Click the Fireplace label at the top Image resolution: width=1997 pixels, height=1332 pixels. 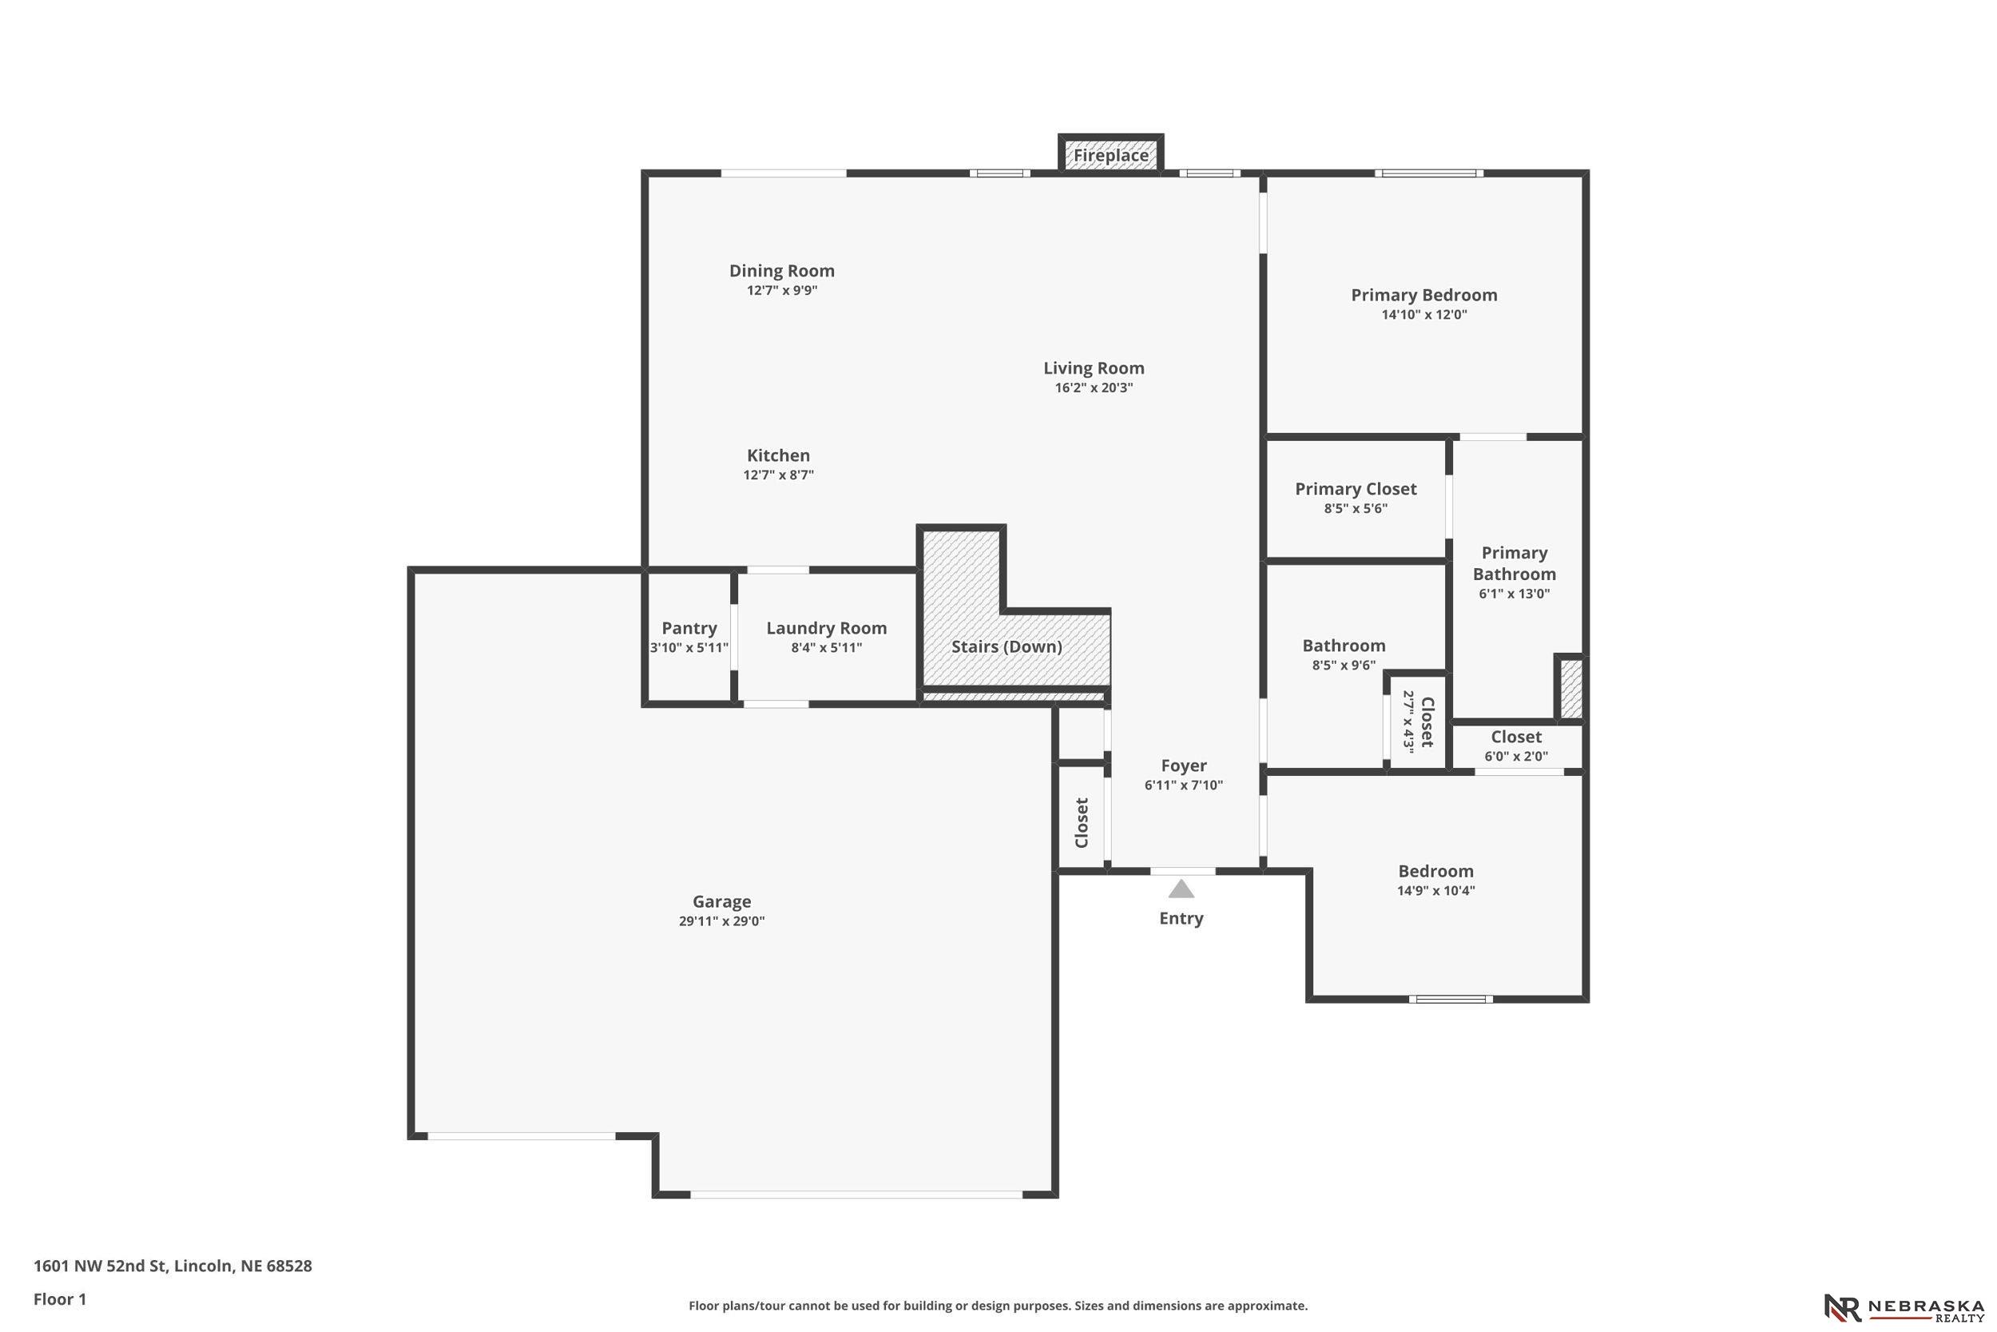click(x=1110, y=156)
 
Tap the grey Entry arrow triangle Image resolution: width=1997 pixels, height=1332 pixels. click(x=1181, y=889)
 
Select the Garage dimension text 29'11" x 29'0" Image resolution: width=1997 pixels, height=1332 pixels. click(x=721, y=920)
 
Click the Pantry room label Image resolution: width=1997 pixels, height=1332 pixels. click(x=689, y=628)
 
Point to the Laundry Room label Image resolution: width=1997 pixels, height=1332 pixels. click(x=826, y=629)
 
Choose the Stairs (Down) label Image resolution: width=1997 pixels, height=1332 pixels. click(x=1007, y=646)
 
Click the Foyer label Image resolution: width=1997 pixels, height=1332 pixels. click(x=1184, y=765)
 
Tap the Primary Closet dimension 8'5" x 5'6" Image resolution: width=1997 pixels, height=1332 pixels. click(x=1356, y=508)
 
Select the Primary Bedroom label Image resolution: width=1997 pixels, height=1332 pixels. click(x=1424, y=295)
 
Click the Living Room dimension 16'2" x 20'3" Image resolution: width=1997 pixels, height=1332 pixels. click(x=1094, y=388)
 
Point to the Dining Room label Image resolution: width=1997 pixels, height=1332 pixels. click(x=782, y=271)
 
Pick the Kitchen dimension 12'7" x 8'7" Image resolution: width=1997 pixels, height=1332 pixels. click(x=779, y=475)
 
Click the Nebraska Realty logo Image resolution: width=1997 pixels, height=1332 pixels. click(x=1904, y=1308)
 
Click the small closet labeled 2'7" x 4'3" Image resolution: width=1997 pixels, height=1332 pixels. click(x=1417, y=722)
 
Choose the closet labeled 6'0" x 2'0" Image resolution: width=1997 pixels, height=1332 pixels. click(x=1516, y=746)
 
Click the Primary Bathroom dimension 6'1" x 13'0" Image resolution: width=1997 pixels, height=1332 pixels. click(x=1515, y=594)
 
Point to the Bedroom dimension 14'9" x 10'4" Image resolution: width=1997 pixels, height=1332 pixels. click(x=1435, y=891)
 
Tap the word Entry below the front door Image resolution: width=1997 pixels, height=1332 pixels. click(x=1181, y=918)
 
